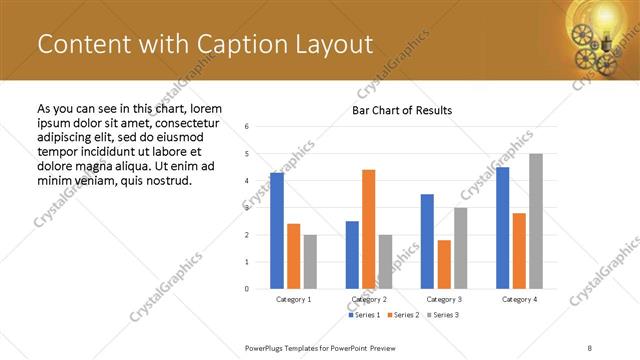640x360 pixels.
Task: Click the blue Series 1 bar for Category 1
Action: [x=277, y=231]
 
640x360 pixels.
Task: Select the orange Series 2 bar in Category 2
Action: [x=368, y=229]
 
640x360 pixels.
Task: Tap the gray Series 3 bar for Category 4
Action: [x=536, y=221]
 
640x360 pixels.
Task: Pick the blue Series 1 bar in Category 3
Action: [x=427, y=241]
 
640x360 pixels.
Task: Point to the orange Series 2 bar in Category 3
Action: [x=444, y=264]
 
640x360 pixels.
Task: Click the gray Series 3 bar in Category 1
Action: [x=310, y=262]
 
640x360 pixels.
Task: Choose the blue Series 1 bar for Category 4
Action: [x=503, y=228]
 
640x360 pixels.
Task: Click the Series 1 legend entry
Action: [x=363, y=315]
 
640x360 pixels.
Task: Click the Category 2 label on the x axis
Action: [x=368, y=299]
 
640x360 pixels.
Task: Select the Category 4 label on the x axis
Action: [x=519, y=299]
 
